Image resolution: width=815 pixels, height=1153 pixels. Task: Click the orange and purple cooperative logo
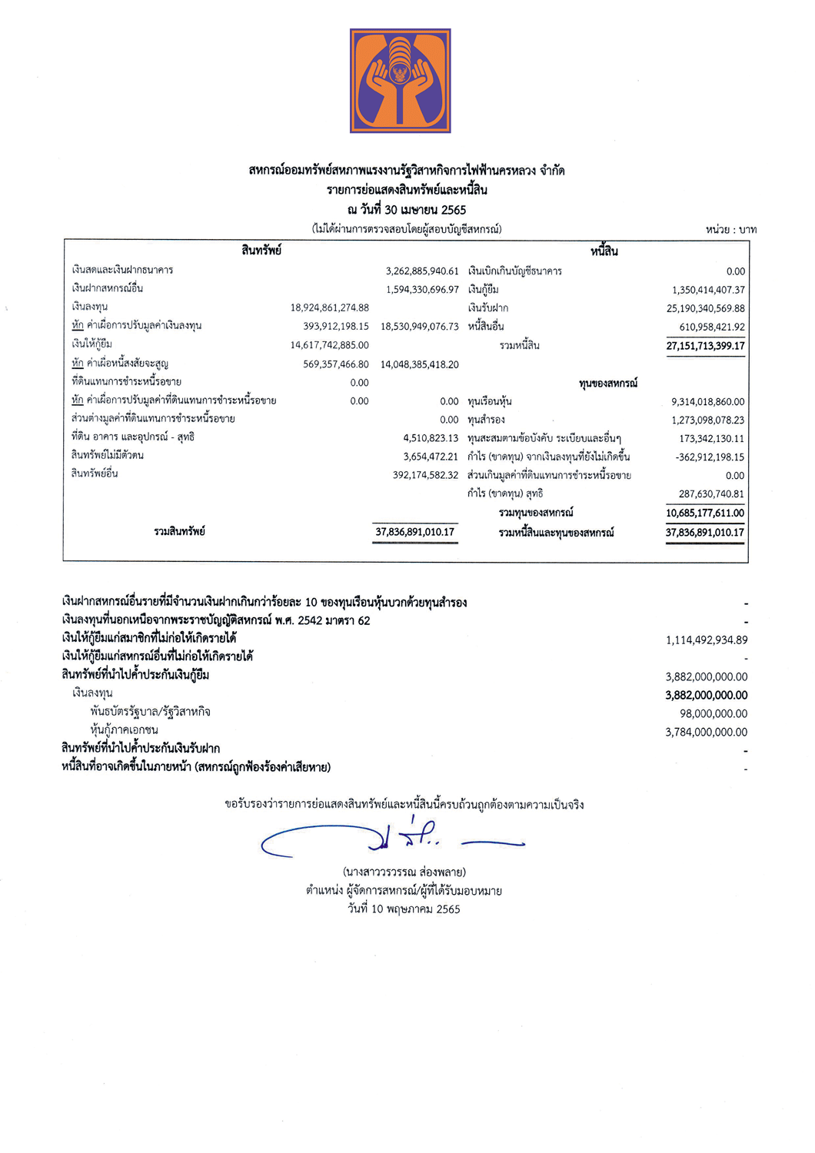(400, 81)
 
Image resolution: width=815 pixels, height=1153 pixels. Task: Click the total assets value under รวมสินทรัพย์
(415, 532)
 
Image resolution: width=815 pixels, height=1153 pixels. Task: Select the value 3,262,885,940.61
(422, 271)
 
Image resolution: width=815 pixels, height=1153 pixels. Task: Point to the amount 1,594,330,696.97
(422, 290)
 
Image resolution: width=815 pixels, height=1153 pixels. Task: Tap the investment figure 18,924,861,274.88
(329, 307)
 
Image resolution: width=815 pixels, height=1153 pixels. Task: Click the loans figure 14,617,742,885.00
(329, 345)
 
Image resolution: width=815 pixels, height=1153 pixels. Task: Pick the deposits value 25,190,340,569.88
(705, 308)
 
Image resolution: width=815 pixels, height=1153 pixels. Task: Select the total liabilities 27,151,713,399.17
(705, 346)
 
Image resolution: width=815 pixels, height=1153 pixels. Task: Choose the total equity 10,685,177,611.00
(705, 513)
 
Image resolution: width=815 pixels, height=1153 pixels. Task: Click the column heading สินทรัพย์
(261, 251)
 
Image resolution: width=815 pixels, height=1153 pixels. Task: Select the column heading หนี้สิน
(604, 251)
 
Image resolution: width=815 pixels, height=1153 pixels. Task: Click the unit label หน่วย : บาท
(730, 229)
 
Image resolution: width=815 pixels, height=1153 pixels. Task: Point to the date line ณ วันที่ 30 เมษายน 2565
(407, 210)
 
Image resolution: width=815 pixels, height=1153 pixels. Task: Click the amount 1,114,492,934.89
(706, 640)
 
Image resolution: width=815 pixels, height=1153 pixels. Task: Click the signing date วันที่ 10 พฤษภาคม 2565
(404, 909)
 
